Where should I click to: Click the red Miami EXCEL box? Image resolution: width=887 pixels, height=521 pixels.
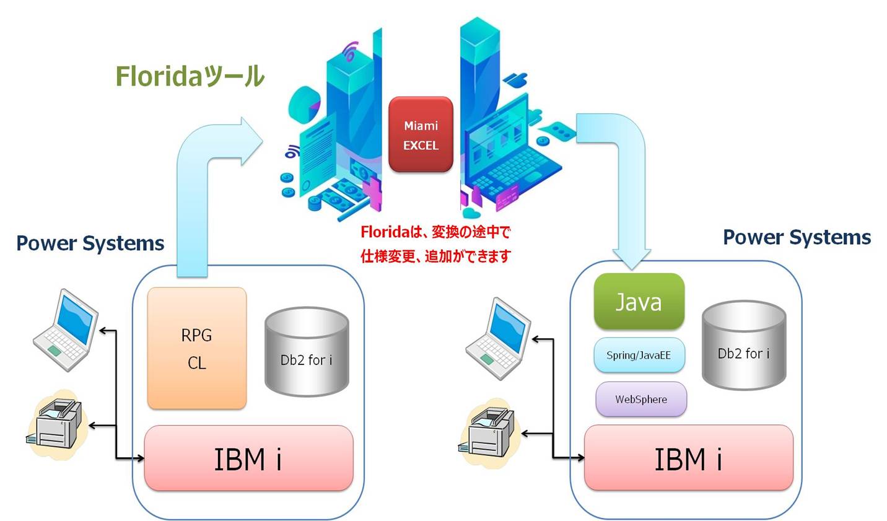[421, 134]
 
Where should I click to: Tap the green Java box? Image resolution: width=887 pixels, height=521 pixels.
[639, 301]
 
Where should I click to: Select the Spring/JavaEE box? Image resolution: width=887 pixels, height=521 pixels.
[639, 355]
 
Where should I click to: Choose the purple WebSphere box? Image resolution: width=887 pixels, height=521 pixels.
[641, 399]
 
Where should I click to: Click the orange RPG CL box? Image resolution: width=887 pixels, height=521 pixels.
[197, 348]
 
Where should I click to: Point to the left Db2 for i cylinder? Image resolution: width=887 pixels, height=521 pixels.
[307, 351]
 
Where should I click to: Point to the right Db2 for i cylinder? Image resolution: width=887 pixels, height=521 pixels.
[744, 345]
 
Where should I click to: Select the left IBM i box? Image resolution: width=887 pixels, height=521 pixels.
[248, 458]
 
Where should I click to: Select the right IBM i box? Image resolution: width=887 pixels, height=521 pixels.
[689, 458]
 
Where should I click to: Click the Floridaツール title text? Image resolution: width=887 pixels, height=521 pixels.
[190, 76]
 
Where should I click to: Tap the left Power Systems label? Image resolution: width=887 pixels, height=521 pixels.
[90, 243]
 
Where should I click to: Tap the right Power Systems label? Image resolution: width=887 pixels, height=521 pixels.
[797, 237]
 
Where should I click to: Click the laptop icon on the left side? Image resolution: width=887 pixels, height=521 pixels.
[66, 330]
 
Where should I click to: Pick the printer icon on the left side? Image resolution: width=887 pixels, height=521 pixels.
[55, 424]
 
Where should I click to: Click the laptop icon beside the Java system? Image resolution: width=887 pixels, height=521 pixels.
[498, 339]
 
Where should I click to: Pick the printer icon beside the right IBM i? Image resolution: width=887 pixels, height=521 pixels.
[488, 432]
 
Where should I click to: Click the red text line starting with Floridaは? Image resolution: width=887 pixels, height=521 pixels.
[435, 232]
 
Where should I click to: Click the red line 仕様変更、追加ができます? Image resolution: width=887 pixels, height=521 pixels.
[435, 256]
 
